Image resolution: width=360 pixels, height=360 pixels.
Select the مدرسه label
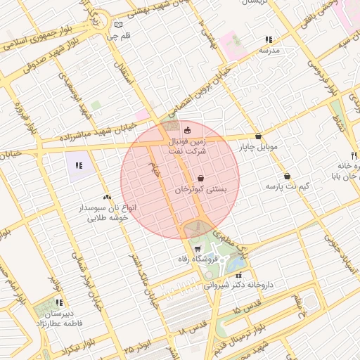click(x=269, y=51)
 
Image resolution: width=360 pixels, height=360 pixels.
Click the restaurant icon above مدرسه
click(x=268, y=40)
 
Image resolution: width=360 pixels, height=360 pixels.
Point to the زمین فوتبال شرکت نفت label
click(x=187, y=146)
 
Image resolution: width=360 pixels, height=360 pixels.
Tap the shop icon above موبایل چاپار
click(x=259, y=136)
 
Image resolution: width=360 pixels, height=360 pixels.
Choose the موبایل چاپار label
click(x=260, y=148)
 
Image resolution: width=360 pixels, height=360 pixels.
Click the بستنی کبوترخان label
click(x=201, y=190)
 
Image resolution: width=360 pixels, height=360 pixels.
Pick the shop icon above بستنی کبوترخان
click(x=201, y=179)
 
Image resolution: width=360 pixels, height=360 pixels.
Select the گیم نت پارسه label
click(x=288, y=187)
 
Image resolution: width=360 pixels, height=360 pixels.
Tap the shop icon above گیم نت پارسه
click(x=287, y=176)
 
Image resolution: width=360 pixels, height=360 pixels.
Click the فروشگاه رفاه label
click(x=199, y=259)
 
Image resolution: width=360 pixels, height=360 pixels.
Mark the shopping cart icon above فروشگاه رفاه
click(x=198, y=248)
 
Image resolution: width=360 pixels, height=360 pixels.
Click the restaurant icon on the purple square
click(x=79, y=165)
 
